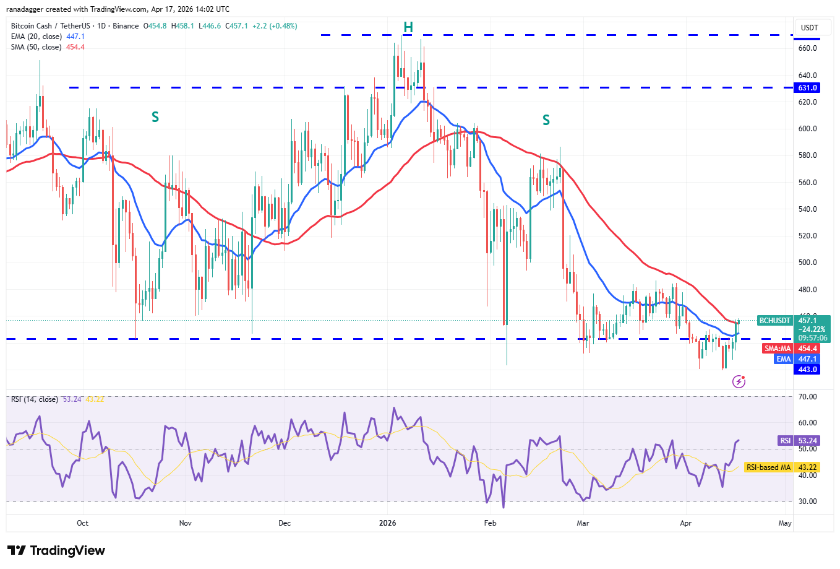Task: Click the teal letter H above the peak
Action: pyautogui.click(x=408, y=27)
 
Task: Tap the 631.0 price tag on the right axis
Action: pyautogui.click(x=807, y=88)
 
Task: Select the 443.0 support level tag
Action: pyautogui.click(x=807, y=370)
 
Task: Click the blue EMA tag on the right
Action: pyautogui.click(x=784, y=359)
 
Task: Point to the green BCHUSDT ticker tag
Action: pyautogui.click(x=775, y=321)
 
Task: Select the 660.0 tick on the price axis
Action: pyautogui.click(x=807, y=48)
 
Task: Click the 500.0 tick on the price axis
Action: pyautogui.click(x=807, y=263)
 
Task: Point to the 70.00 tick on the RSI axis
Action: pyautogui.click(x=807, y=397)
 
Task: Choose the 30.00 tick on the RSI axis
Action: pyautogui.click(x=807, y=502)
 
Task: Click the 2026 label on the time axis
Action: pyautogui.click(x=387, y=523)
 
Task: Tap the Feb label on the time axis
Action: pyautogui.click(x=490, y=523)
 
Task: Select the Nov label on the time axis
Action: pyautogui.click(x=185, y=523)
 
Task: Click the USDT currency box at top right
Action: pyautogui.click(x=809, y=28)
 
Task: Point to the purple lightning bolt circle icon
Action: pyautogui.click(x=739, y=381)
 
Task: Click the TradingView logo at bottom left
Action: pyautogui.click(x=56, y=550)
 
